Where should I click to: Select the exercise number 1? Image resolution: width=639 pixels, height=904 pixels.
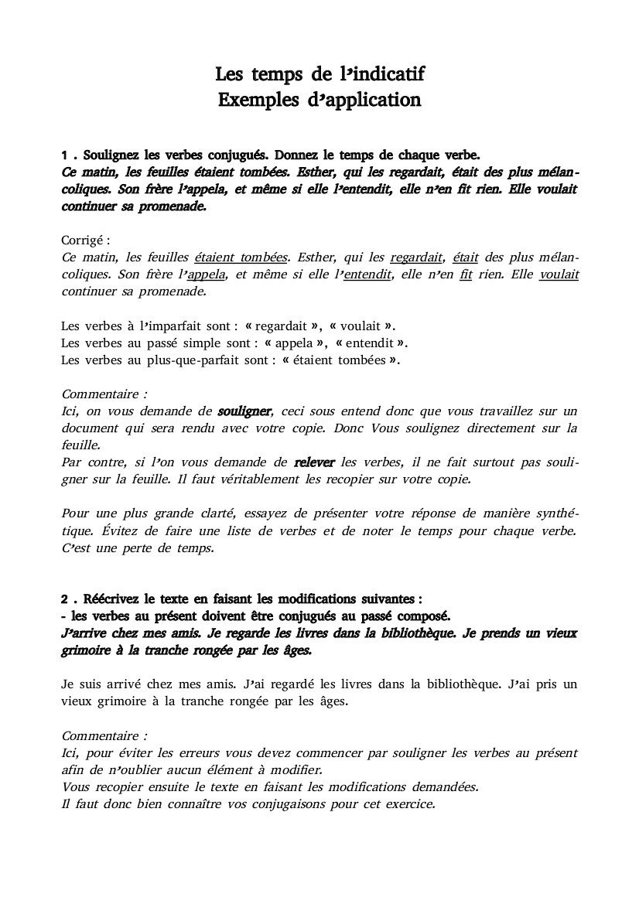(x=65, y=154)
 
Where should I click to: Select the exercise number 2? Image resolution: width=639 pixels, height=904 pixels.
(x=65, y=599)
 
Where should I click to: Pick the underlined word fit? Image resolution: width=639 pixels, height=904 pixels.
(x=465, y=275)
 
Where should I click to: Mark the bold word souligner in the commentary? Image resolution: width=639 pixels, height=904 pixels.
(x=244, y=411)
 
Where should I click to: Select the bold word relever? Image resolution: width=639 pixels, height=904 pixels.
(x=314, y=462)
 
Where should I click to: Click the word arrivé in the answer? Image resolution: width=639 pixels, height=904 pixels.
(x=133, y=684)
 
